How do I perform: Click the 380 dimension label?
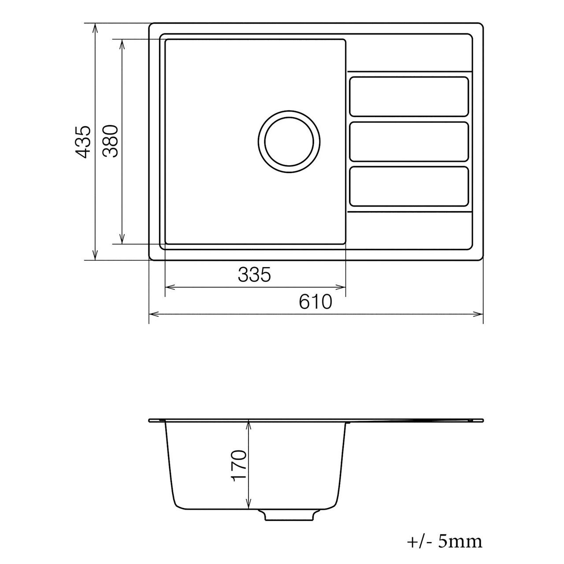pos(110,141)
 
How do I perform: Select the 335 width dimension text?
pos(254,275)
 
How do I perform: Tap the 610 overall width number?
pos(315,302)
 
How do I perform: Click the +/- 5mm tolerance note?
pos(444,542)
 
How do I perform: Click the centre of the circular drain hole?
pos(289,141)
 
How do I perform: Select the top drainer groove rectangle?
pos(408,96)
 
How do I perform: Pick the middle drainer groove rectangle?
pos(408,141)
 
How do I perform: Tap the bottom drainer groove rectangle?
pos(408,186)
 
